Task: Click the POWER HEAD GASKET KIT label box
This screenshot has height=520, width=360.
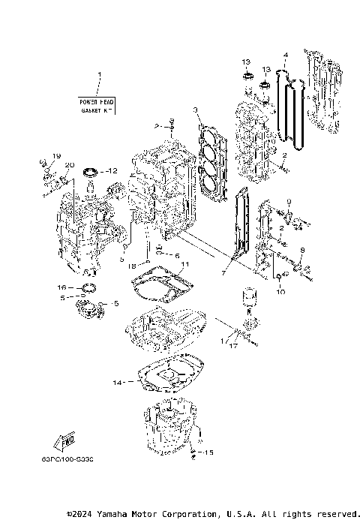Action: pyautogui.click(x=96, y=105)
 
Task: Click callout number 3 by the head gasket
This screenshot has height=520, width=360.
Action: pyautogui.click(x=195, y=110)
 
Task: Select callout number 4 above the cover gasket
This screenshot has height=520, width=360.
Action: pyautogui.click(x=286, y=55)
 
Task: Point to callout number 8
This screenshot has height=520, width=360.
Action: pyautogui.click(x=301, y=250)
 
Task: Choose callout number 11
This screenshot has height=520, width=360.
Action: pyautogui.click(x=185, y=264)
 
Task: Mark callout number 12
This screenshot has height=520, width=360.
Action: pyautogui.click(x=112, y=171)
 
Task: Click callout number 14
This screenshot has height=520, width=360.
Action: pyautogui.click(x=116, y=383)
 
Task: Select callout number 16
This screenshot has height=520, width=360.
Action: pyautogui.click(x=62, y=287)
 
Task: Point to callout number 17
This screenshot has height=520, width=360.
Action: pyautogui.click(x=234, y=346)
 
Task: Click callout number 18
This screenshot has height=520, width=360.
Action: pyautogui.click(x=132, y=266)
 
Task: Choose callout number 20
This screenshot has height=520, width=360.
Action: pyautogui.click(x=70, y=165)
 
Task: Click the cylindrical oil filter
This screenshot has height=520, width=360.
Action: pyautogui.click(x=248, y=306)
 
